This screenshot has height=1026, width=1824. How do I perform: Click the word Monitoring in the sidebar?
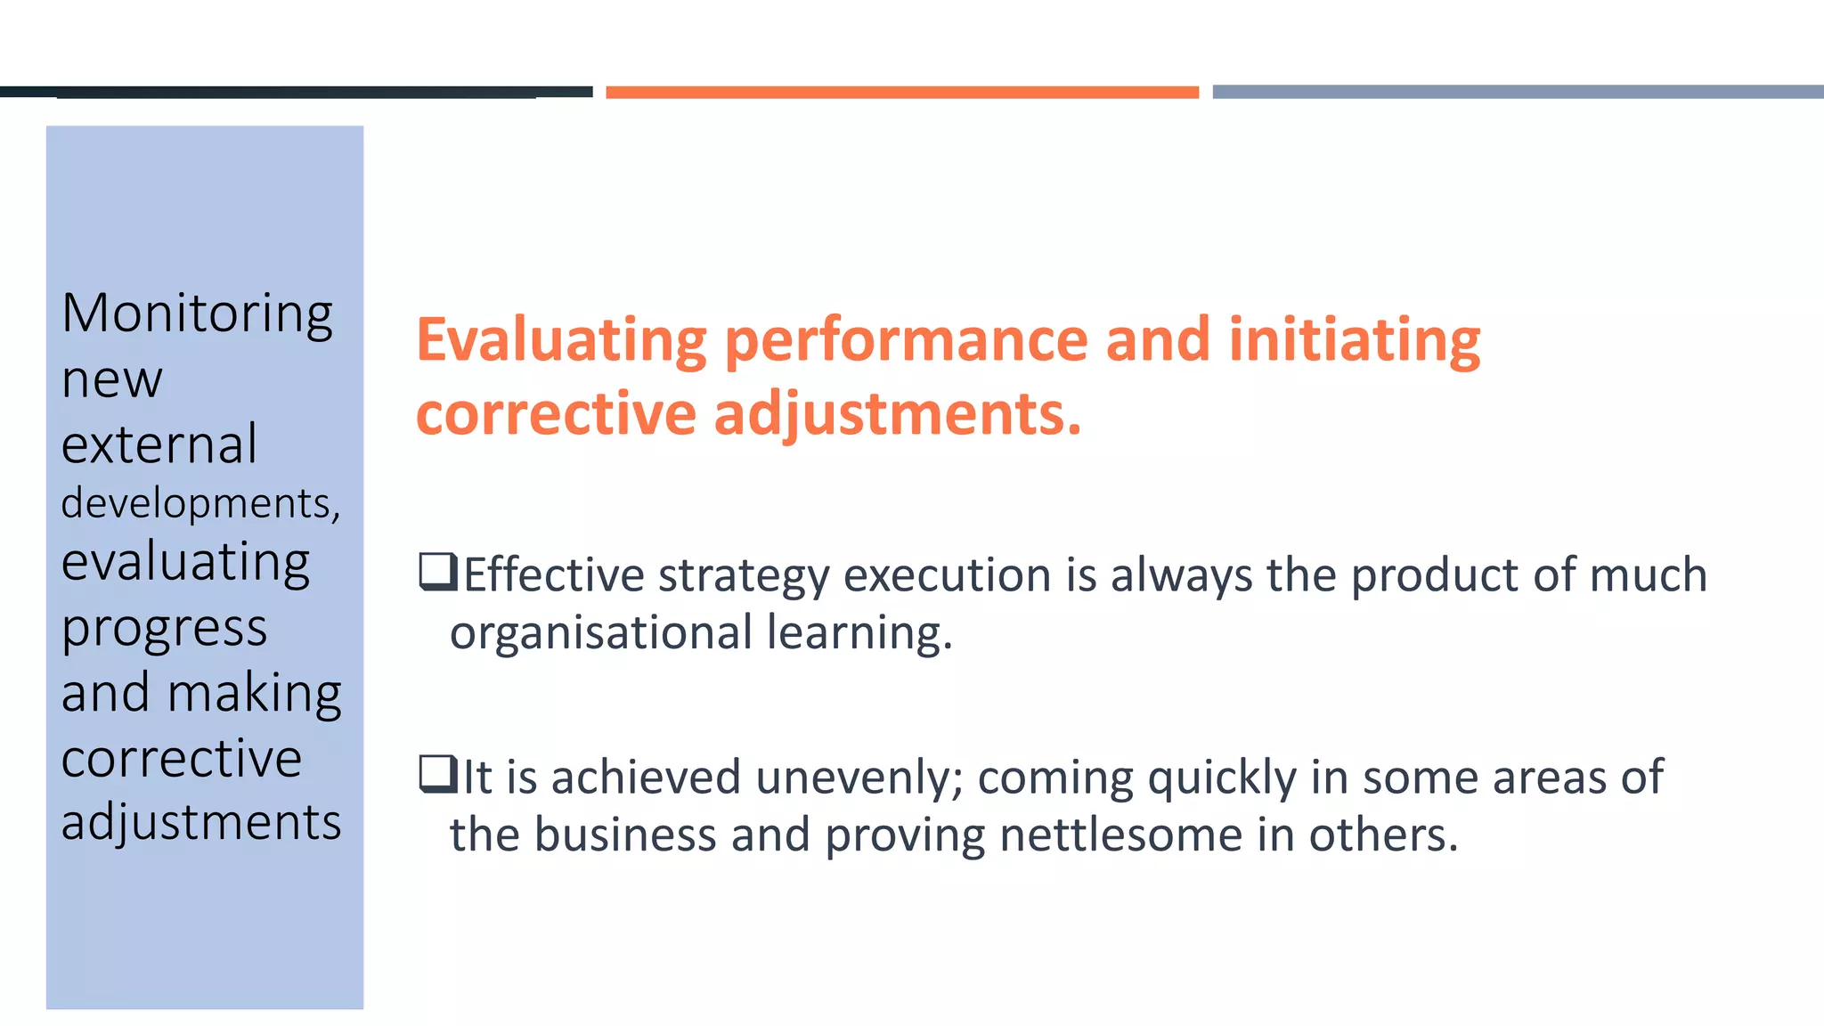(x=197, y=314)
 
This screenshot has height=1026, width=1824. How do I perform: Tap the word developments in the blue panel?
(x=199, y=503)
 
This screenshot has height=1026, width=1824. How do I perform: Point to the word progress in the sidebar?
(x=164, y=629)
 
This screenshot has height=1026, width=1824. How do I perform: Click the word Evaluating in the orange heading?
(x=561, y=340)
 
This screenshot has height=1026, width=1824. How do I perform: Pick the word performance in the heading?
(x=907, y=340)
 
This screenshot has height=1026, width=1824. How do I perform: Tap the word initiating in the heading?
(x=1354, y=340)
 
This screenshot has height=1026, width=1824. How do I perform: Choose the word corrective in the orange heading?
(x=556, y=414)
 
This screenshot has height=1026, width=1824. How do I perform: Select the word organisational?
(x=601, y=632)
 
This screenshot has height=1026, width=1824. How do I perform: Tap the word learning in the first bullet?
(x=859, y=632)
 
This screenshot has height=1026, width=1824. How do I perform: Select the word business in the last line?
(x=625, y=835)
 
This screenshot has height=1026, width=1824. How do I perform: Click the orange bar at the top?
(x=902, y=92)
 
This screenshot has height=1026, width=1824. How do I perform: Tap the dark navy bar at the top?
(x=296, y=92)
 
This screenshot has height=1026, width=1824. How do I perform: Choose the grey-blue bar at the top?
(x=1518, y=92)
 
